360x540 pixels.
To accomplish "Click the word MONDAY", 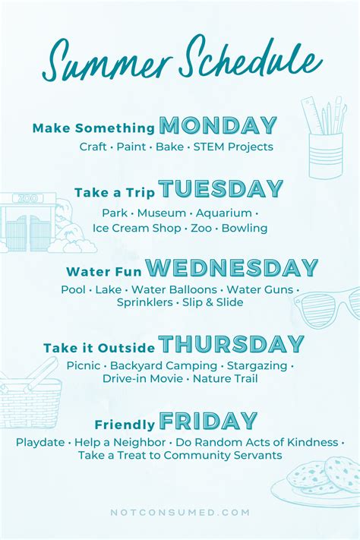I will click(218, 125).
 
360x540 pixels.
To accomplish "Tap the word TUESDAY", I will click(220, 189).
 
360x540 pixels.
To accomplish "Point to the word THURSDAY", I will click(231, 344).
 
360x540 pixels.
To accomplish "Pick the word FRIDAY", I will click(208, 421).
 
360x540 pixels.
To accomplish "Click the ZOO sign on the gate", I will click(27, 198).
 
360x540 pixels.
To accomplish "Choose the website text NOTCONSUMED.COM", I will click(180, 513).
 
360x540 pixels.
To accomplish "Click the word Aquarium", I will click(223, 213).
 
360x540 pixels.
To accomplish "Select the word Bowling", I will click(245, 228).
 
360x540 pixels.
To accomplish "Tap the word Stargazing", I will click(259, 365).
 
